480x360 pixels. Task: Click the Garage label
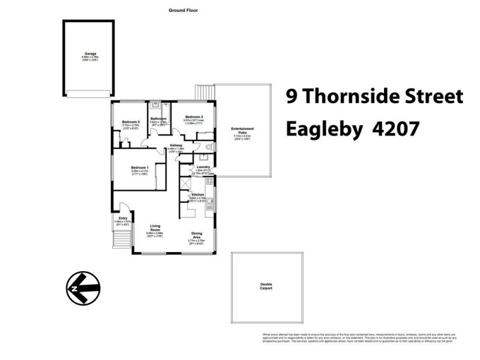90,53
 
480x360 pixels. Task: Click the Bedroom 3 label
194,116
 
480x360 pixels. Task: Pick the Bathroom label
158,119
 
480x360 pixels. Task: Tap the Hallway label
176,145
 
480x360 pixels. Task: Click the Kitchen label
198,195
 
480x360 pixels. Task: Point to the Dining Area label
197,235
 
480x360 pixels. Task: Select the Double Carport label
266,286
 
